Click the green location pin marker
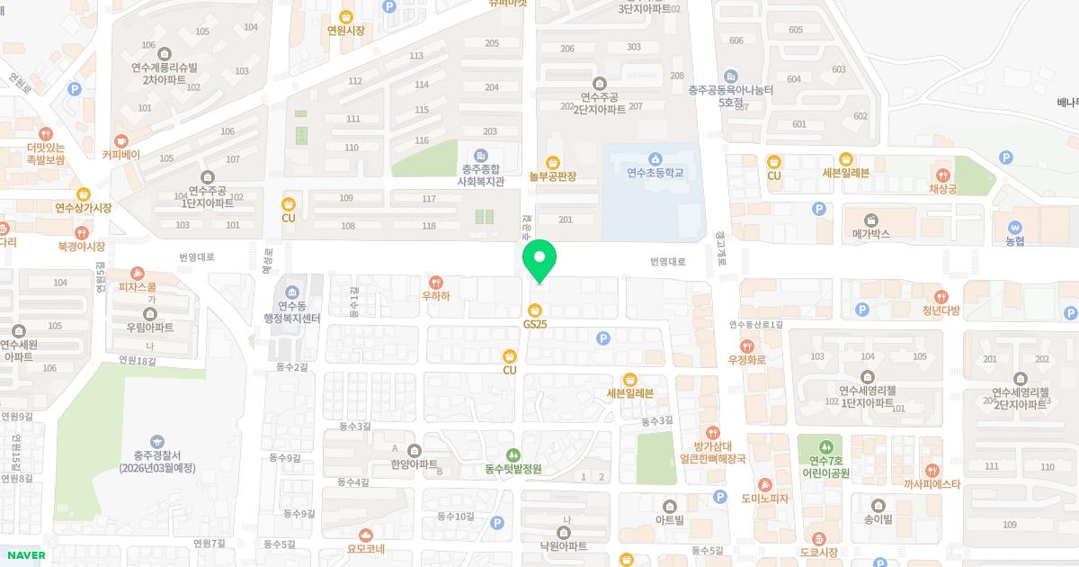click(x=539, y=260)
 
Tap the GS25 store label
click(x=535, y=323)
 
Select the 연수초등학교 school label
click(x=655, y=173)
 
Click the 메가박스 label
click(x=870, y=233)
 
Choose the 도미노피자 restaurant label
click(x=765, y=498)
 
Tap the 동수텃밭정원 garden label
click(x=513, y=468)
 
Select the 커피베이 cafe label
click(x=120, y=154)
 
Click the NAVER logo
click(x=25, y=554)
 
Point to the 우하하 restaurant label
click(x=436, y=294)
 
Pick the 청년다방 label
click(x=941, y=310)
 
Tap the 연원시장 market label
click(x=346, y=30)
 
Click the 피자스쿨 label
click(x=138, y=287)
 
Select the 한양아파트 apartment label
click(x=414, y=464)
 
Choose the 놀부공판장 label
click(x=552, y=175)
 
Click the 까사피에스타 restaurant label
click(x=932, y=483)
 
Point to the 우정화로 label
click(x=746, y=359)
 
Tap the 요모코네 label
click(x=365, y=548)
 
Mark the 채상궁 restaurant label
click(x=942, y=189)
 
